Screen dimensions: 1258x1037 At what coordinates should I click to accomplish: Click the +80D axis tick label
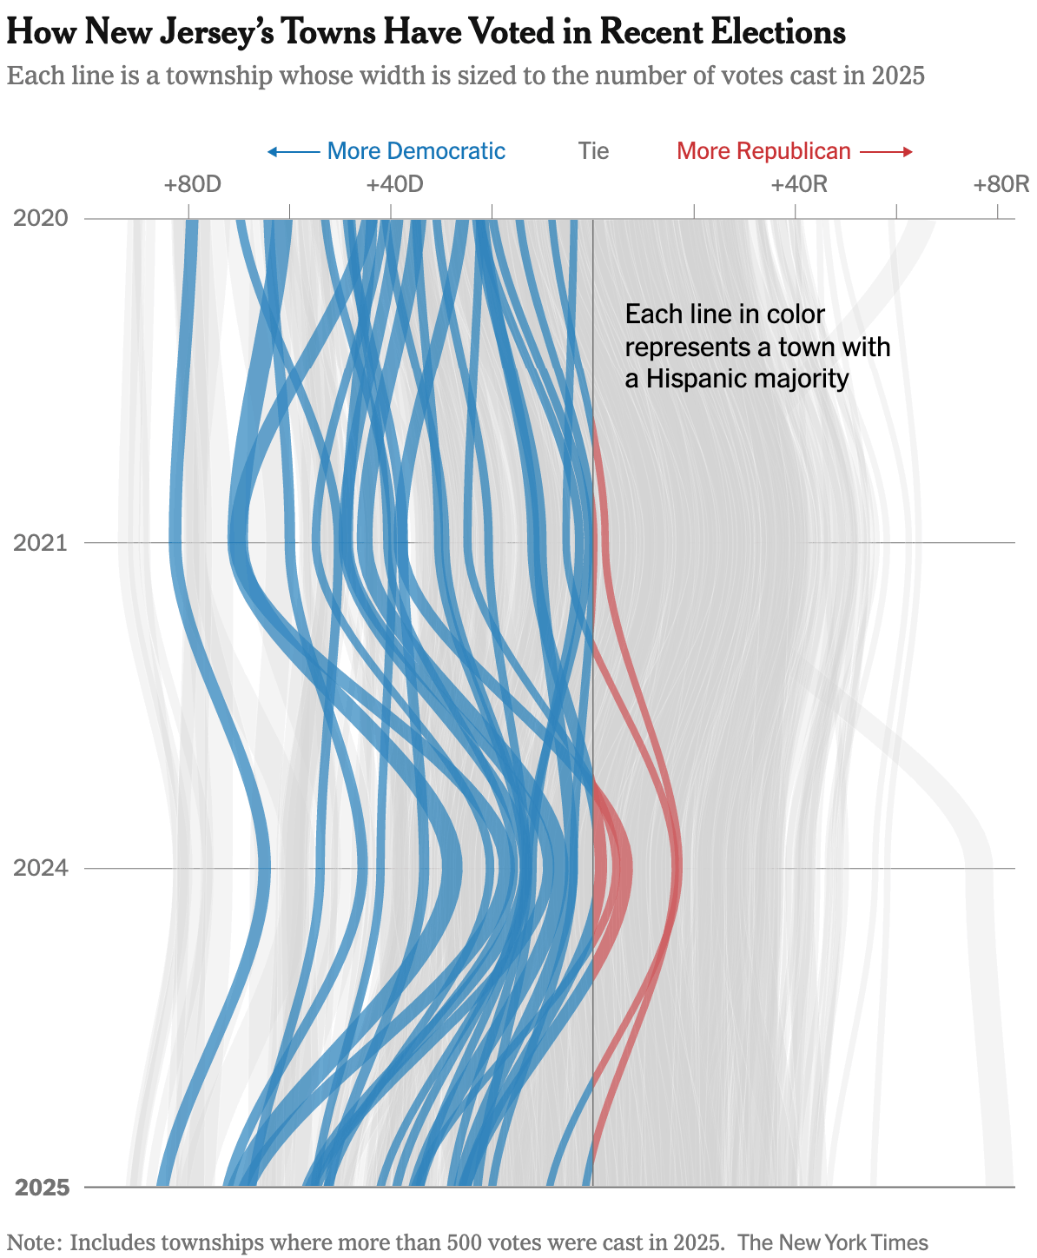click(x=192, y=184)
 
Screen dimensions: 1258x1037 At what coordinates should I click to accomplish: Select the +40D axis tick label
click(x=394, y=184)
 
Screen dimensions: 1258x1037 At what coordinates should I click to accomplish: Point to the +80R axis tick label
click(x=1001, y=184)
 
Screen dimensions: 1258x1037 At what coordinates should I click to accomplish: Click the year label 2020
click(x=41, y=218)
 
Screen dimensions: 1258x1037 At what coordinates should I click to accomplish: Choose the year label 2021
click(x=41, y=543)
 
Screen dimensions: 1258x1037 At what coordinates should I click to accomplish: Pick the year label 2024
click(x=41, y=868)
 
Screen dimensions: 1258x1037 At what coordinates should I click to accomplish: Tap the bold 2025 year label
click(x=42, y=1188)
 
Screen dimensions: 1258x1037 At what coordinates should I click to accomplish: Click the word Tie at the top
click(x=594, y=151)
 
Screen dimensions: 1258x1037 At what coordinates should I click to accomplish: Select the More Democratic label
click(x=416, y=151)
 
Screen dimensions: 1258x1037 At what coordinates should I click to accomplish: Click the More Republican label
click(x=763, y=151)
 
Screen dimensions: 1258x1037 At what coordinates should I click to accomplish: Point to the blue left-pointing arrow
click(x=293, y=152)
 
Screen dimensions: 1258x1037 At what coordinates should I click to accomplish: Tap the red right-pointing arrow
click(x=887, y=152)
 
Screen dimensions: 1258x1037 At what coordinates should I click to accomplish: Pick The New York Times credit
click(x=833, y=1242)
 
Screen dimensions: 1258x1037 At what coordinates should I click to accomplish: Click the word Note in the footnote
click(x=32, y=1242)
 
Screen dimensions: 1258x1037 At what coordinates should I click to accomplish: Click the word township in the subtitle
click(x=216, y=76)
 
